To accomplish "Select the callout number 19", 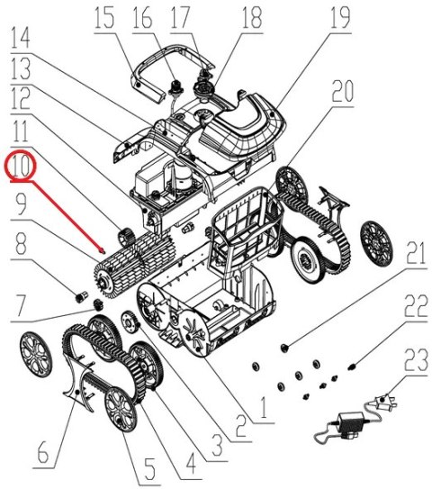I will point(338,17).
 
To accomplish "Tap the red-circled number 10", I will point(21,166).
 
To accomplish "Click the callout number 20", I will point(342,92).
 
